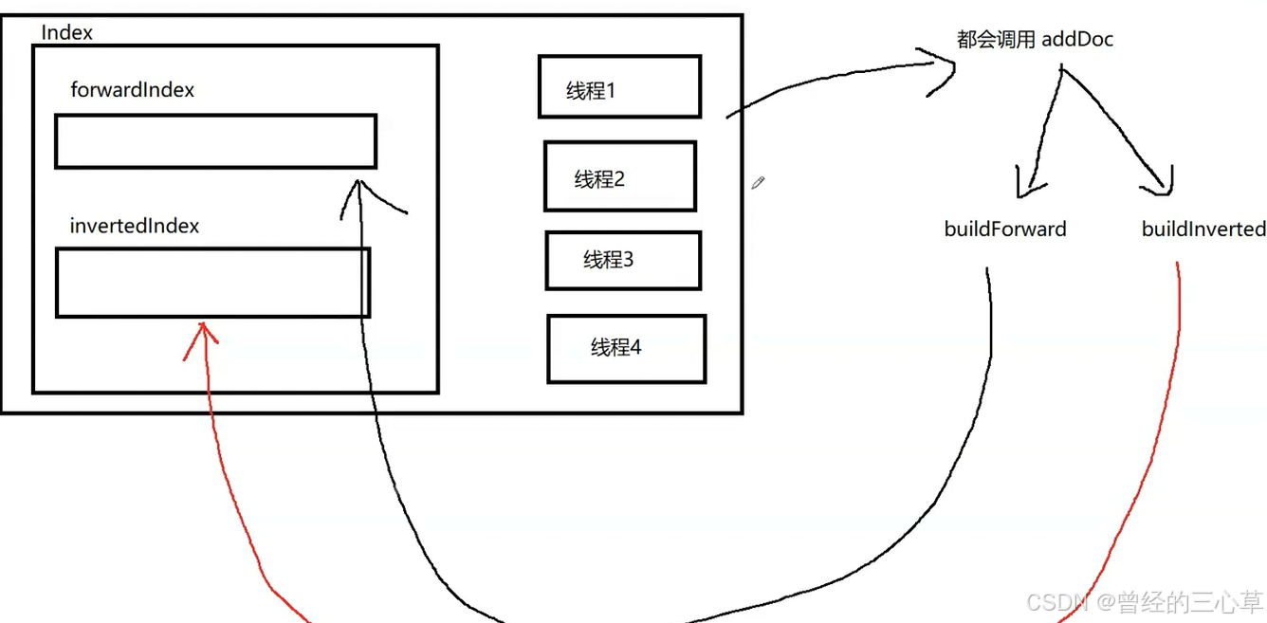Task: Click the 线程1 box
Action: [619, 87]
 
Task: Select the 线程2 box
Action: [619, 176]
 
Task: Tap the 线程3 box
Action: [623, 260]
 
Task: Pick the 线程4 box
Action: [626, 349]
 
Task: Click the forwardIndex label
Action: [133, 90]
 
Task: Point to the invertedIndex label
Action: [135, 226]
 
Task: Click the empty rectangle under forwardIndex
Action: [215, 141]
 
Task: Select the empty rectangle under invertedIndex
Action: [212, 283]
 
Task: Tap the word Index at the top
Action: [67, 33]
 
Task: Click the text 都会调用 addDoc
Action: [1035, 40]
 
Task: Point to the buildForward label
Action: [1005, 229]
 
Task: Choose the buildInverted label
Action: [1203, 229]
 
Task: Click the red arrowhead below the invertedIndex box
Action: [201, 334]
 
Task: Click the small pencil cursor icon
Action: [758, 182]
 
